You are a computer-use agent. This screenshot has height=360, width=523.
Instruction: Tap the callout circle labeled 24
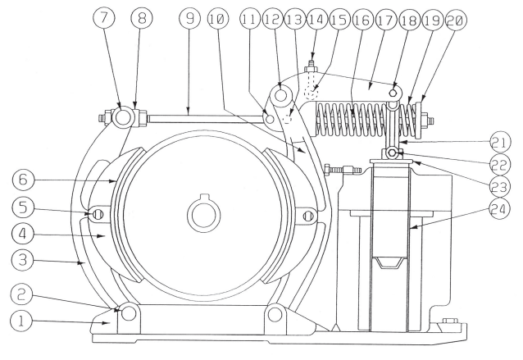(x=500, y=209)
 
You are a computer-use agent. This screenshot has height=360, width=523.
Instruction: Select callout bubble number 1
(x=21, y=321)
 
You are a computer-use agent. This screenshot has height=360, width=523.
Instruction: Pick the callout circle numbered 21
(x=500, y=142)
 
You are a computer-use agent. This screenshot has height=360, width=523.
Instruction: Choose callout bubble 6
(x=23, y=180)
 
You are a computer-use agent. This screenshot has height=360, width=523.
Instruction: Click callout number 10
(x=218, y=18)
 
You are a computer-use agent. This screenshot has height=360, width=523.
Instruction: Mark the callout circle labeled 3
(x=22, y=260)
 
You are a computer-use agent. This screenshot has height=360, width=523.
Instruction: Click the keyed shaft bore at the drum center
(x=204, y=213)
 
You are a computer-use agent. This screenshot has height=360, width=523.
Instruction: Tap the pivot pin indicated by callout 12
(x=281, y=95)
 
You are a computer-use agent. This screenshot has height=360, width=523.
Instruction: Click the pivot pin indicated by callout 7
(x=122, y=117)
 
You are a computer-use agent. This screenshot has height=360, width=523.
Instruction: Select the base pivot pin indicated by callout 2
(x=129, y=313)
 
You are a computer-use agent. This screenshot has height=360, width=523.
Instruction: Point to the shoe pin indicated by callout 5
(x=98, y=215)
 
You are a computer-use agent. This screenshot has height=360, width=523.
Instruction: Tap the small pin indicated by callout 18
(x=393, y=92)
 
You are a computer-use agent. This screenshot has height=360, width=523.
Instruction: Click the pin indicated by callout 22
(x=392, y=153)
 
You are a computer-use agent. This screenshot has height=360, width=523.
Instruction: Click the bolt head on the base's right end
(x=449, y=321)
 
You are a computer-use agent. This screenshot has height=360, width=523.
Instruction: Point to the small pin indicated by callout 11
(x=270, y=118)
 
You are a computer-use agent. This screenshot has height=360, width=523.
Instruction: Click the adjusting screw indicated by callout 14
(x=312, y=66)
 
